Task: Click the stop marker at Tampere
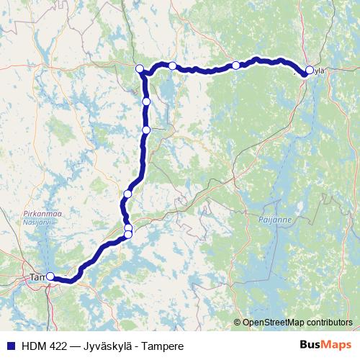click(x=50, y=276)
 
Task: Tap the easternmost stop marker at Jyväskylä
click(x=310, y=70)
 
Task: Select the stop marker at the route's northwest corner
click(x=140, y=68)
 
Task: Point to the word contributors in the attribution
click(x=329, y=322)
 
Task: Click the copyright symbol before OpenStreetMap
click(x=237, y=322)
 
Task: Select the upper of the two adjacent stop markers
click(x=128, y=228)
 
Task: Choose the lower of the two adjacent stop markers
click(x=128, y=234)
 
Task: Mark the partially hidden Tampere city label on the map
click(x=35, y=276)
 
